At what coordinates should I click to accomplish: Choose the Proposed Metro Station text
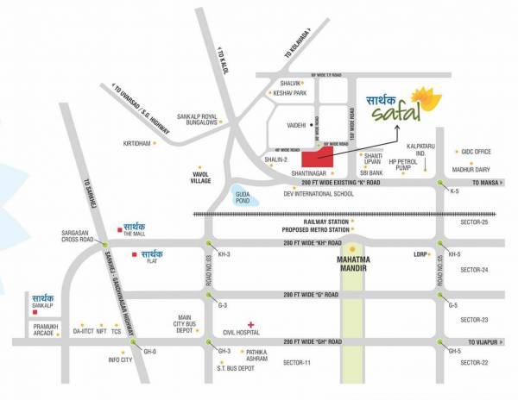pyautogui.click(x=315, y=231)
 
